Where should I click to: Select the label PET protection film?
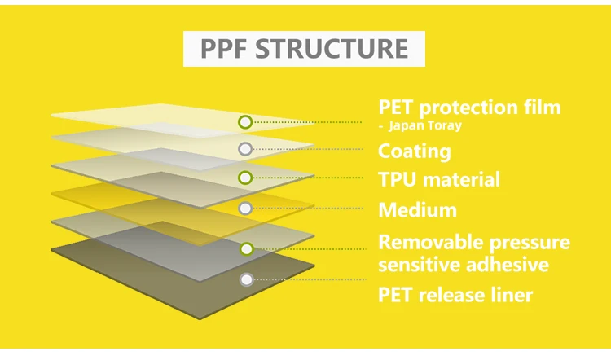point(470,108)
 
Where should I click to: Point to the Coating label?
point(414,151)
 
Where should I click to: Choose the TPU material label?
point(439,179)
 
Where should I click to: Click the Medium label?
point(417,210)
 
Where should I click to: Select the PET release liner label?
point(455,294)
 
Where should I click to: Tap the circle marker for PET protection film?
point(245,122)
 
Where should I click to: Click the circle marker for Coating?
point(245,149)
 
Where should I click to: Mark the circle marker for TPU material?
point(245,178)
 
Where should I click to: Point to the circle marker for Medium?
point(245,209)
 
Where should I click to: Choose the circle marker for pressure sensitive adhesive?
point(246,249)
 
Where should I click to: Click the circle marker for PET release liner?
point(246,279)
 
